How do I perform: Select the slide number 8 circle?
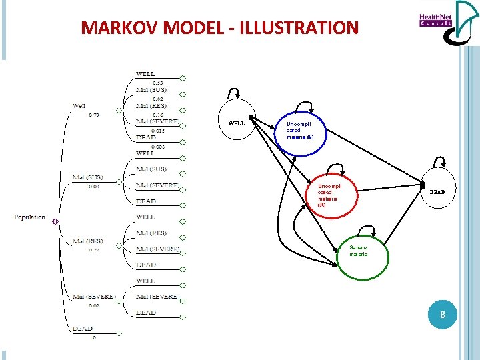(x=441, y=314)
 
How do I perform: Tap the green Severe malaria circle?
(x=359, y=251)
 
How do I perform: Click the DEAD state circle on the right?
(x=437, y=192)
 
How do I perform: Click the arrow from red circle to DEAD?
(x=390, y=186)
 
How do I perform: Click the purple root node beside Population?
(x=55, y=221)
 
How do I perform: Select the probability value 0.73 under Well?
(x=94, y=115)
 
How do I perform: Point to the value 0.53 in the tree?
(x=158, y=82)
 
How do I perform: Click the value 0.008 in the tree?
(x=158, y=146)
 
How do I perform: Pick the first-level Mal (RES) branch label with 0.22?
(x=87, y=241)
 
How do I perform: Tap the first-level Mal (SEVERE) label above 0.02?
(x=94, y=297)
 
